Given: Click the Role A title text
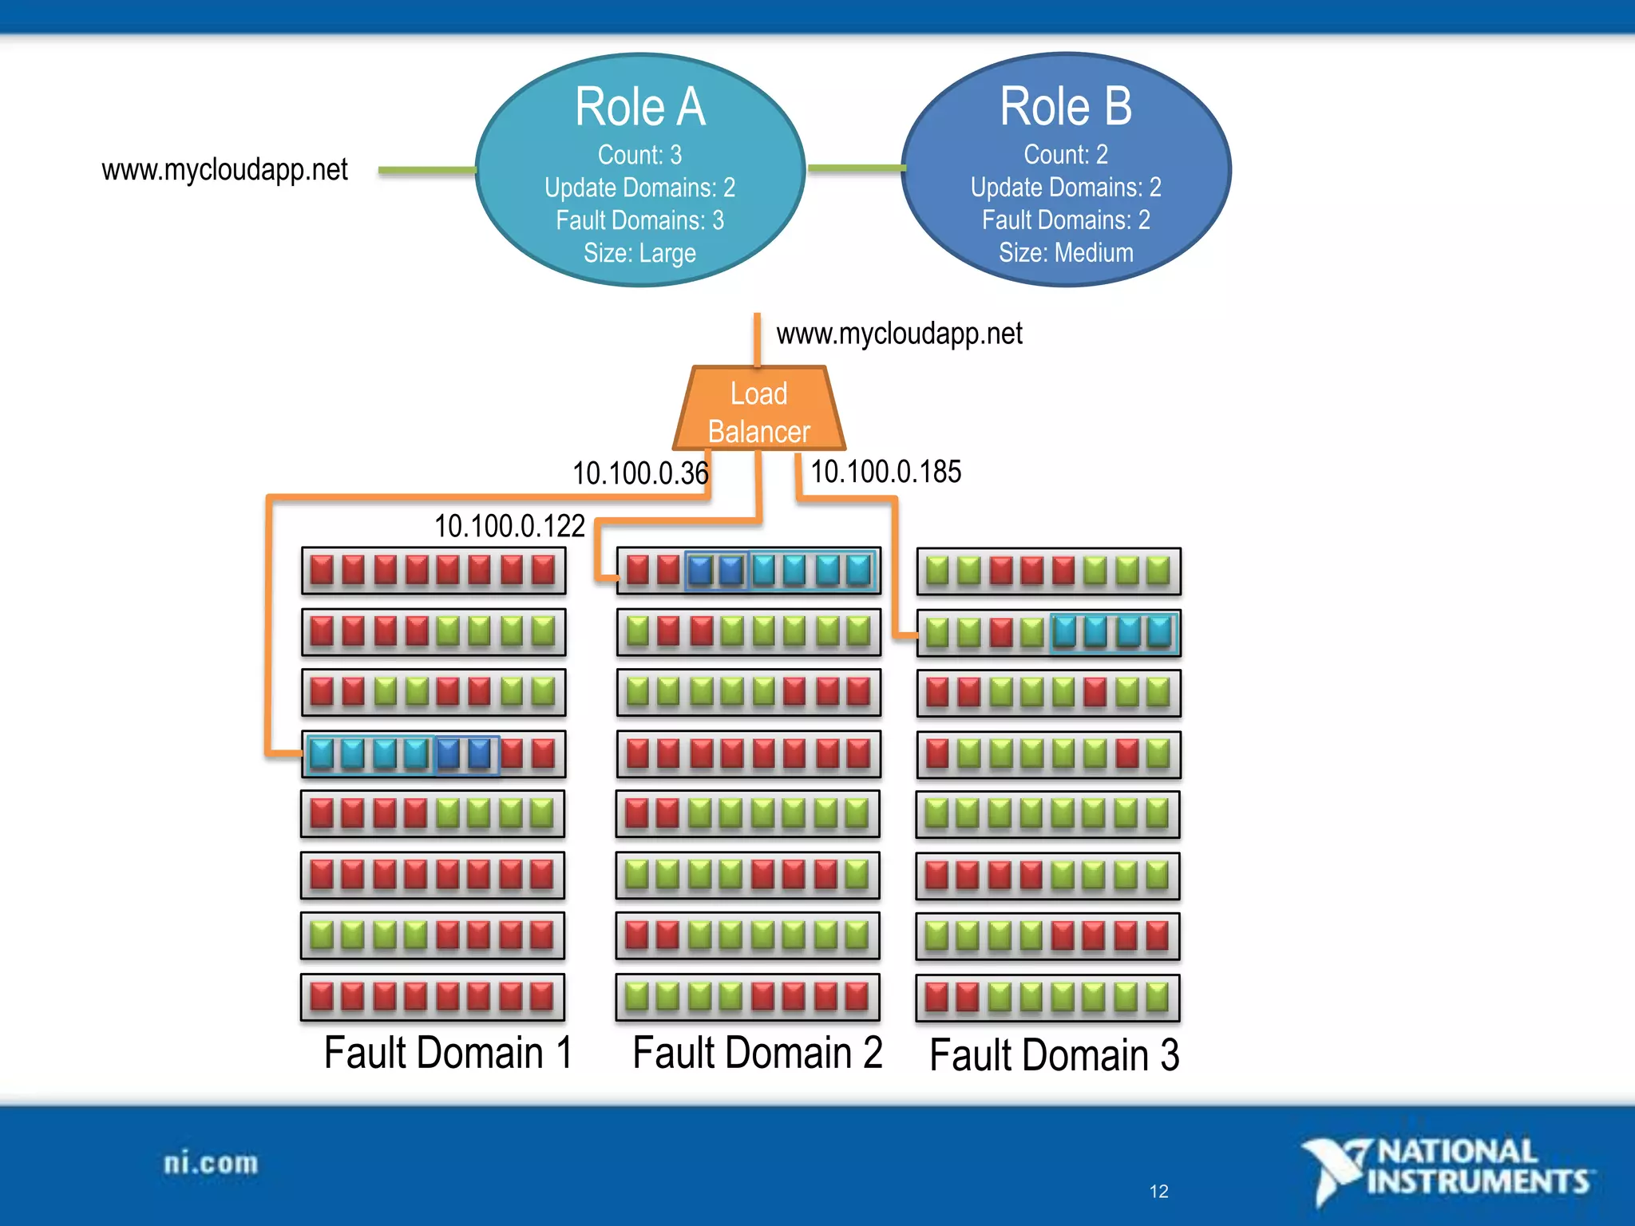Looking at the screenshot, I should click(640, 107).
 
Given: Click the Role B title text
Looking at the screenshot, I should click(1066, 107).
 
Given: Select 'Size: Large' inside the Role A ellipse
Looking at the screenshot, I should click(639, 253).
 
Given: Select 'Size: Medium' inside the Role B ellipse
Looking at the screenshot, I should click(1066, 252).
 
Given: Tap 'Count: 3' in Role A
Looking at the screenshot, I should click(639, 154).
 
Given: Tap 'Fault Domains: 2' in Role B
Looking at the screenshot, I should click(1066, 219).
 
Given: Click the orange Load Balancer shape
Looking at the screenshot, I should click(758, 411).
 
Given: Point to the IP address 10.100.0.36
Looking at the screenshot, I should click(639, 473).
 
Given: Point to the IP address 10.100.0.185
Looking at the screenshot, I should click(885, 472).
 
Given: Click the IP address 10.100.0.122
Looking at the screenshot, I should click(509, 526).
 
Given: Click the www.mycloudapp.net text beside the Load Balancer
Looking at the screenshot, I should click(899, 334).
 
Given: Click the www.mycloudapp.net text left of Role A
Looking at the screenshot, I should click(224, 170).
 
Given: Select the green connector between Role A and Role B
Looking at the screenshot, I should click(856, 168).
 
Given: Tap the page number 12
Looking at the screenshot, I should click(1158, 1192).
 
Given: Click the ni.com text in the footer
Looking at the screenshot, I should click(211, 1164).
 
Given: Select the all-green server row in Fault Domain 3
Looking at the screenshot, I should click(1047, 814).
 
